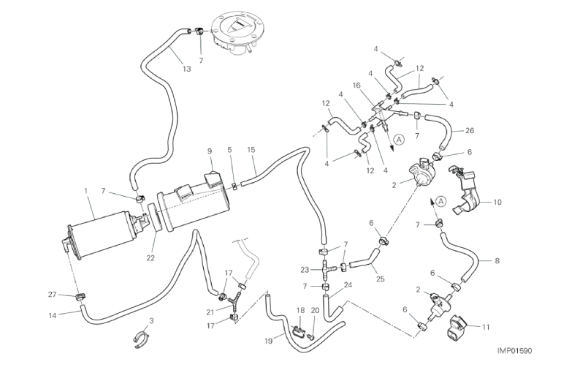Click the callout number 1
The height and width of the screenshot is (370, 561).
86,191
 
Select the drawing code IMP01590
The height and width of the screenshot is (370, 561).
517,351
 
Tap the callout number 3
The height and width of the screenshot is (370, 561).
150,321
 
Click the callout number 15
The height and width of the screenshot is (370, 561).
251,151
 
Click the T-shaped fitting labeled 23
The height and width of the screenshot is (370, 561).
327,269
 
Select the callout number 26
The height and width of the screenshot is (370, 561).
470,132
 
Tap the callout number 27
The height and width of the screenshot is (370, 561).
52,295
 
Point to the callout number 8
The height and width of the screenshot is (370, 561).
497,260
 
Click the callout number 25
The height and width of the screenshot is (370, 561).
379,278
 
